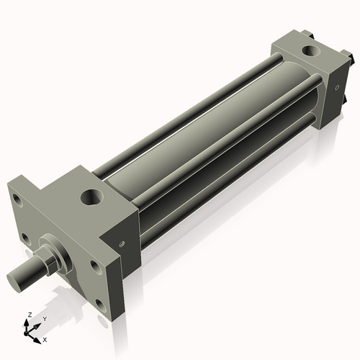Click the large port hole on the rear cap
click(x=311, y=52)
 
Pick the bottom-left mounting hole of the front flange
click(x=24, y=238)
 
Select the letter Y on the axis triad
click(x=44, y=318)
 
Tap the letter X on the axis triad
click(x=45, y=338)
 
